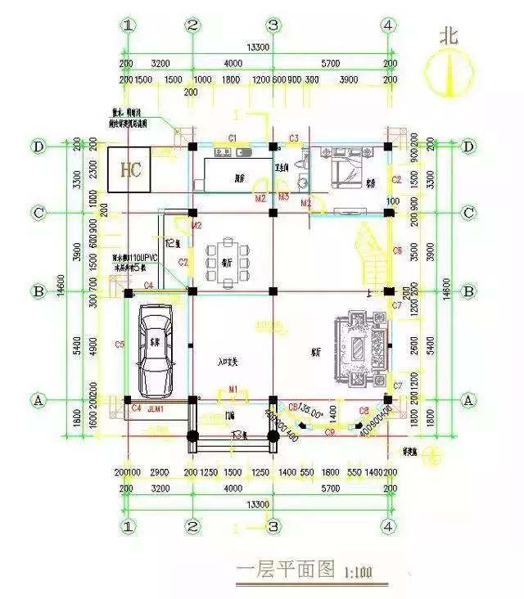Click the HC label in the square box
(x=130, y=170)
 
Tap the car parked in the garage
(x=156, y=347)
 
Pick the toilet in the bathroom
(x=299, y=177)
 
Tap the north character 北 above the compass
(x=448, y=37)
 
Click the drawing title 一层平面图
(x=273, y=570)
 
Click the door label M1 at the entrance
(x=233, y=388)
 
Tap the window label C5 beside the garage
(x=120, y=345)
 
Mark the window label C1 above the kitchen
(x=232, y=137)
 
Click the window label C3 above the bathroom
(x=293, y=137)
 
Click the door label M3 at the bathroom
(x=283, y=198)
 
